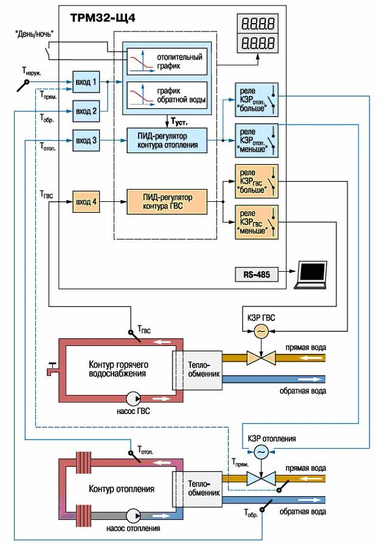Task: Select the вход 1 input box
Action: coord(86,81)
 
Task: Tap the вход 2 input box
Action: coord(86,111)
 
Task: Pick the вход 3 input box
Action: coord(86,140)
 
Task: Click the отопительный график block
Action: coord(167,60)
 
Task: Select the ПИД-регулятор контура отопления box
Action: coord(167,140)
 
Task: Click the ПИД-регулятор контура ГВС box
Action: coord(167,201)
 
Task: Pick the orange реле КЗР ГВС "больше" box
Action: coord(255,181)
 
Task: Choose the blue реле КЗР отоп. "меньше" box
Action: coord(255,140)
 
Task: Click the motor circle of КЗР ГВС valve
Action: coord(261,331)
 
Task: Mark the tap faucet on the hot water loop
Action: coord(52,367)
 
